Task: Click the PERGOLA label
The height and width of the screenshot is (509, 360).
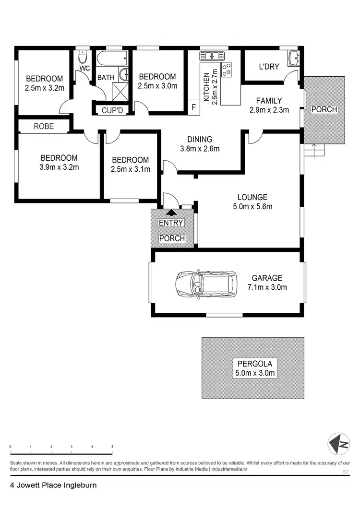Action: click(x=253, y=363)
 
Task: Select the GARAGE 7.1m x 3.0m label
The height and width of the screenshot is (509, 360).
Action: click(x=267, y=283)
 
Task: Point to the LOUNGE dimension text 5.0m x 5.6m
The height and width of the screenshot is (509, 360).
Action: click(x=252, y=207)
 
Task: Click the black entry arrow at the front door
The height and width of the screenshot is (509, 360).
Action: click(x=171, y=212)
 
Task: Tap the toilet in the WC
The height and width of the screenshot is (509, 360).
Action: click(x=83, y=59)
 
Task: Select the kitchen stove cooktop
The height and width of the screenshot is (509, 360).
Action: click(x=226, y=69)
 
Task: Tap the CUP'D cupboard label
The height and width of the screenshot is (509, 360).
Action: click(x=112, y=110)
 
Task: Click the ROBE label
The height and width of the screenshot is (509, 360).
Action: click(x=44, y=127)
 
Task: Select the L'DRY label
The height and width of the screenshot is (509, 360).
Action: click(x=269, y=67)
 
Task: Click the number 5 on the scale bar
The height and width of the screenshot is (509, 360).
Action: click(x=112, y=447)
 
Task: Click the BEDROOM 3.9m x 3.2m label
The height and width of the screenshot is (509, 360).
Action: click(x=59, y=163)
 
